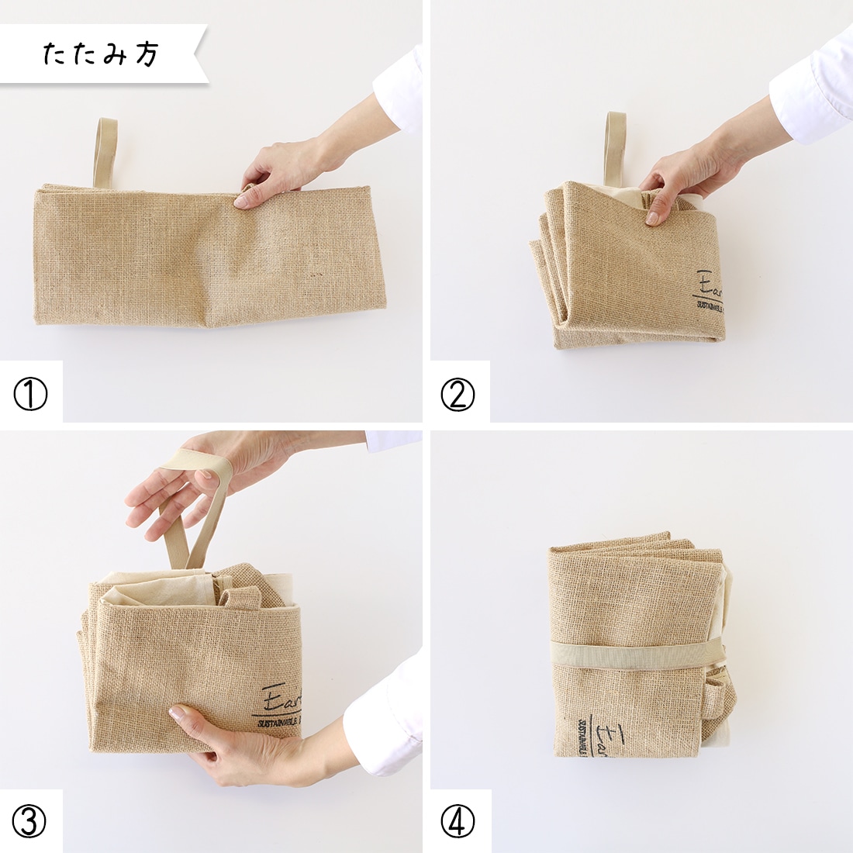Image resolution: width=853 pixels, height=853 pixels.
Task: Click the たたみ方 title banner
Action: pyautogui.click(x=101, y=54)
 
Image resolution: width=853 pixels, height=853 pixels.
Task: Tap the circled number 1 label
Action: pyautogui.click(x=30, y=395)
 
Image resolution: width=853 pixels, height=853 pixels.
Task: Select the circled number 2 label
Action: pyautogui.click(x=458, y=395)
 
